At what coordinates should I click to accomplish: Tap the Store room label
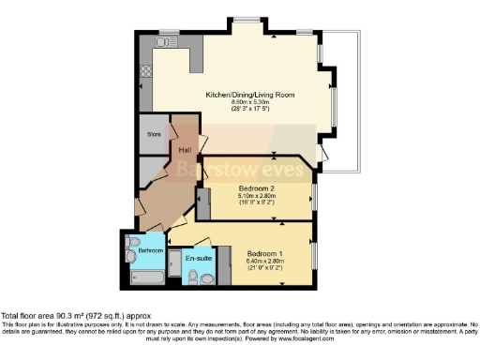click(155, 134)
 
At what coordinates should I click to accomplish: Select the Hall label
click(186, 150)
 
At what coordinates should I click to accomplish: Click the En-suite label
click(197, 257)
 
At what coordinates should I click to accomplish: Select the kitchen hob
click(145, 72)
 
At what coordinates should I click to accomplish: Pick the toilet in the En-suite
click(193, 277)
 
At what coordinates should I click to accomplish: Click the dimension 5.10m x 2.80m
click(255, 196)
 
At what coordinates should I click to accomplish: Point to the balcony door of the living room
click(323, 153)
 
